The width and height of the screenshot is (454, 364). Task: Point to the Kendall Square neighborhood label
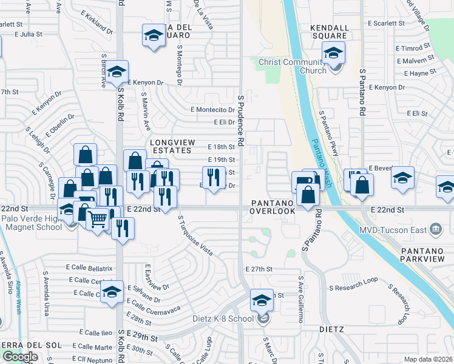pos(330,32)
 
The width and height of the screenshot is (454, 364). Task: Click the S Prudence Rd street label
pos(241,120)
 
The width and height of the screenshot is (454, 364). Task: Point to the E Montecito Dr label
pos(212,110)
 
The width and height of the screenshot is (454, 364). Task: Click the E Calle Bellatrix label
pos(89,268)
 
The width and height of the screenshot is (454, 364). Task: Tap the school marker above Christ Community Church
pos(333,53)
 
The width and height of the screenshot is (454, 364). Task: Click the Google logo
pos(20,357)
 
